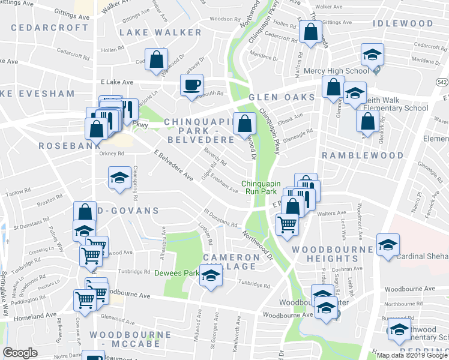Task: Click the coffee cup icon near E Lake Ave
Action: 192,85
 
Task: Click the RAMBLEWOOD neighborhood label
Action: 362,155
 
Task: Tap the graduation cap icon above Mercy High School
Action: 372,55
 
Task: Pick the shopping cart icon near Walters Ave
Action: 288,224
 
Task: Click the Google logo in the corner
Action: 20,353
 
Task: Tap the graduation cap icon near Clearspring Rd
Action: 119,178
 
